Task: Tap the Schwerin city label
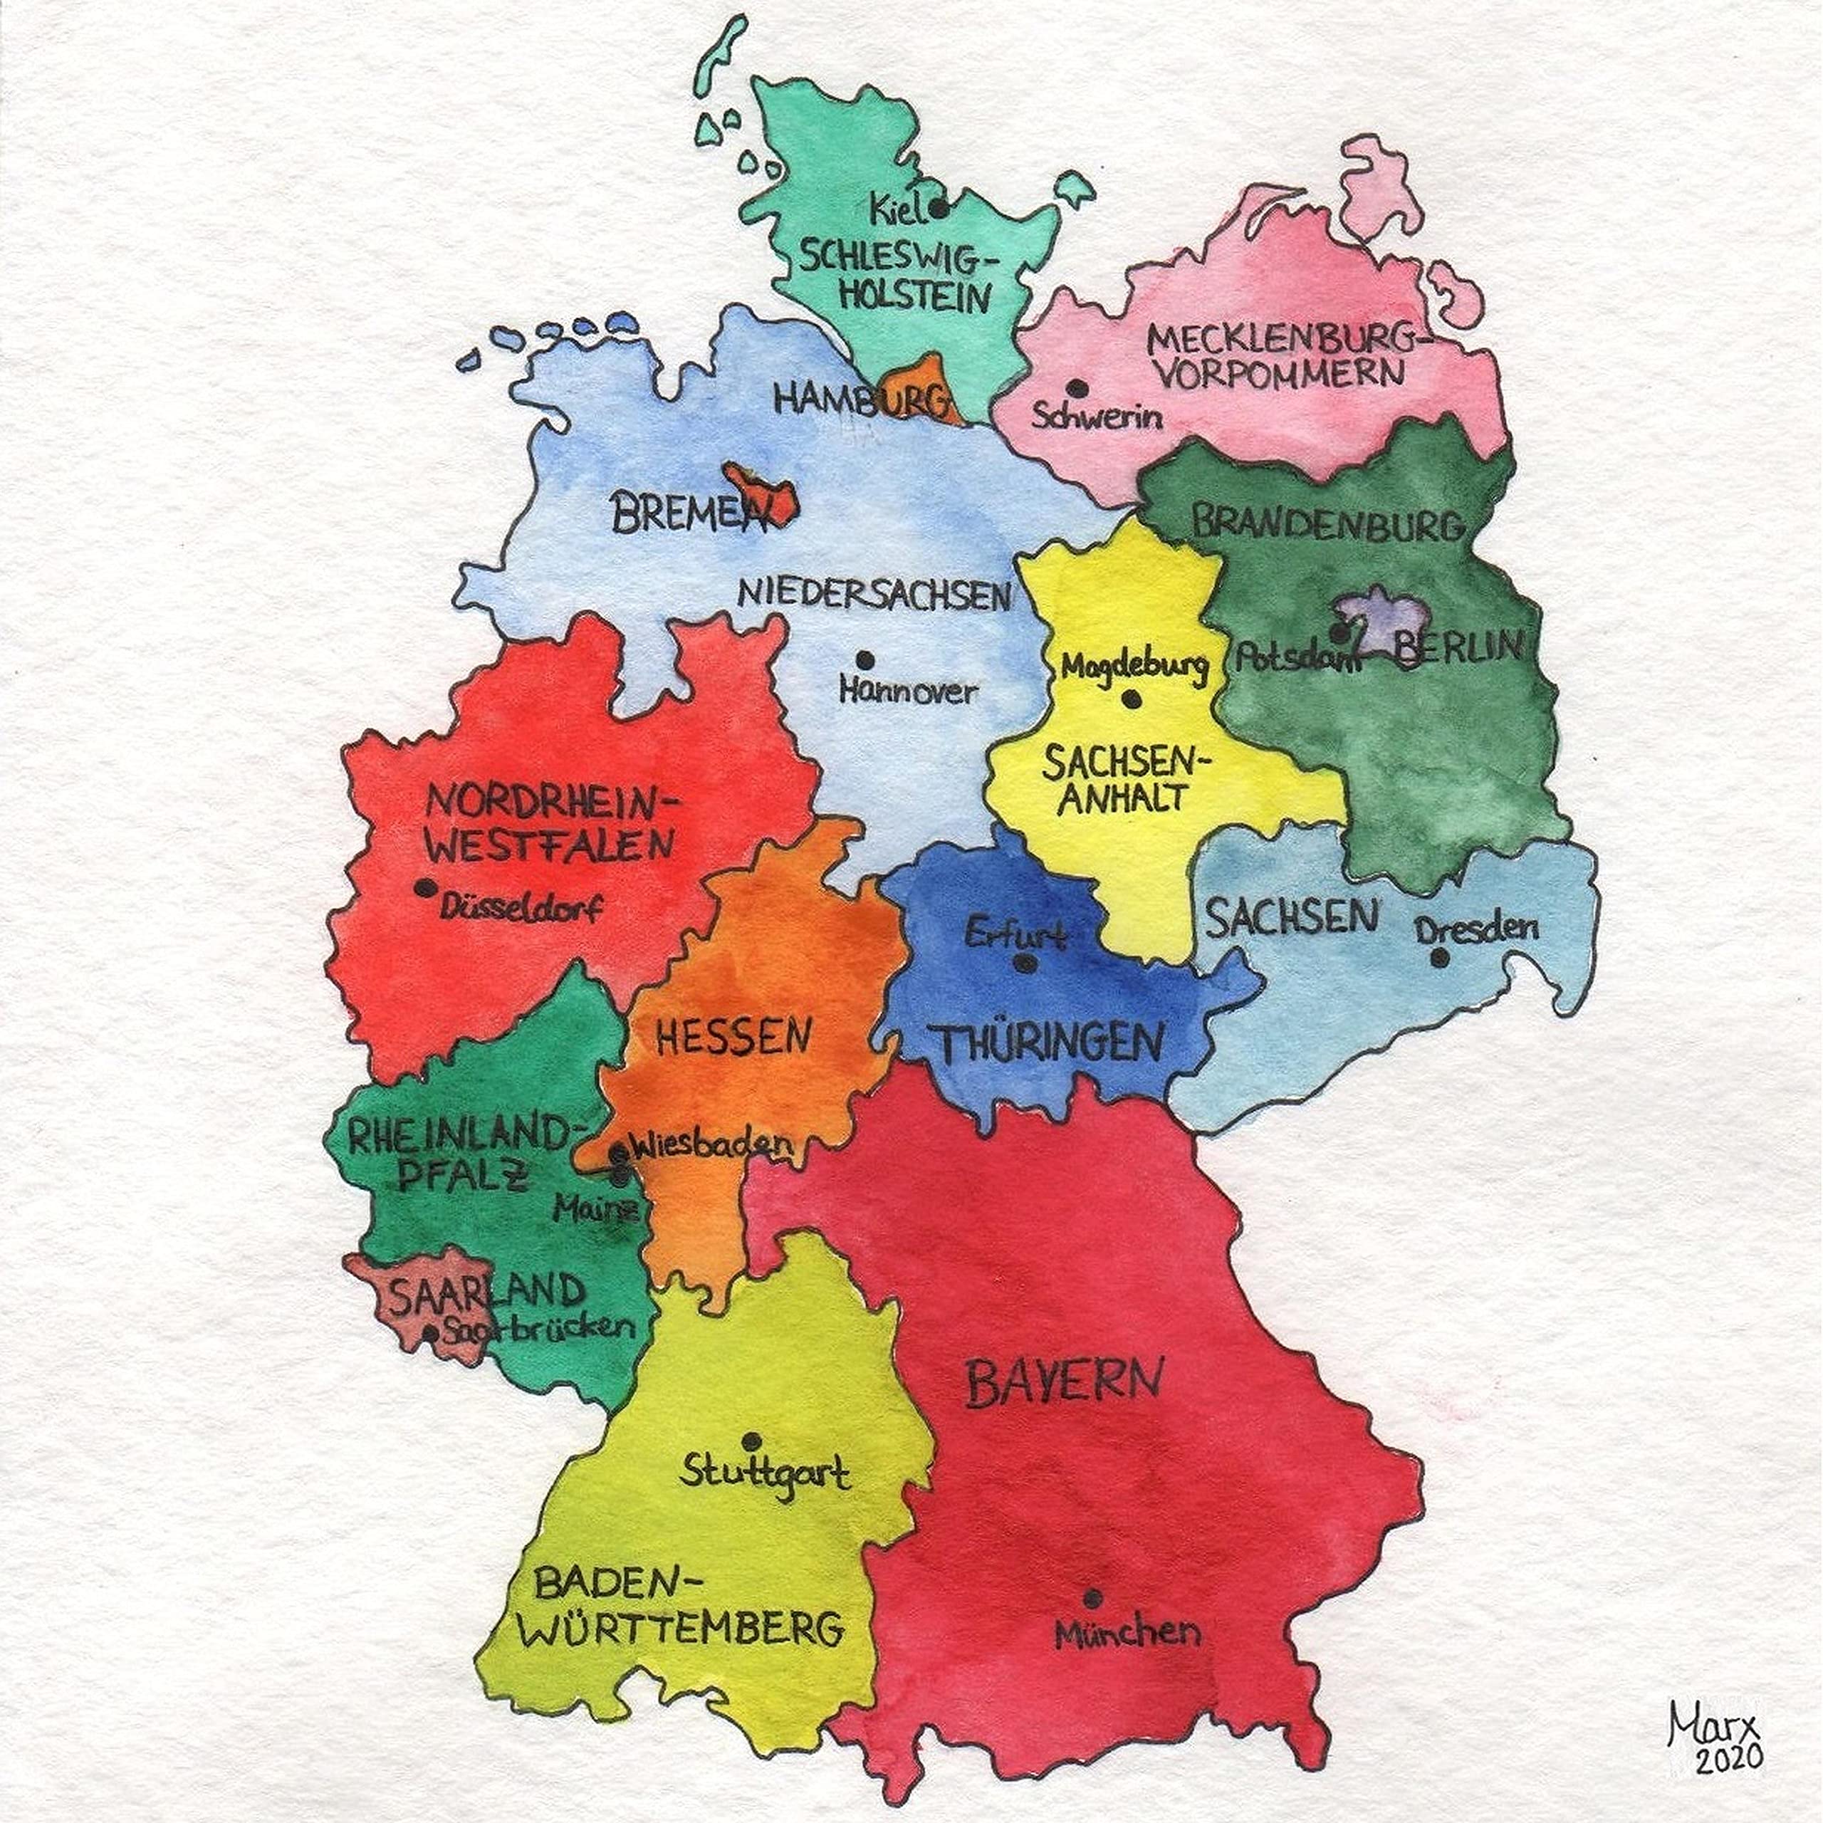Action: [x=1097, y=416]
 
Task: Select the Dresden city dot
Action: [x=1440, y=958]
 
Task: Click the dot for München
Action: [x=1092, y=1599]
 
